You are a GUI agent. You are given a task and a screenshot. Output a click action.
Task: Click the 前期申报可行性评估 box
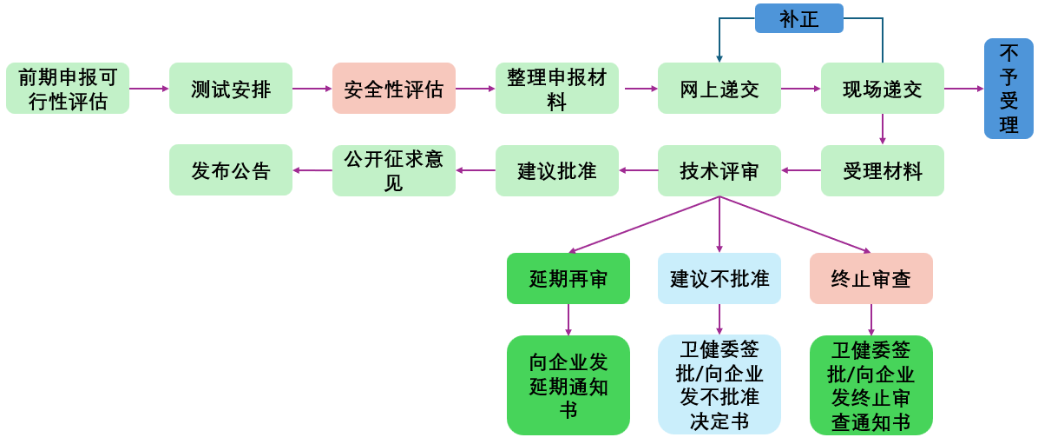click(x=68, y=89)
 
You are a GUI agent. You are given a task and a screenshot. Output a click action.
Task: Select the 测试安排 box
click(x=231, y=89)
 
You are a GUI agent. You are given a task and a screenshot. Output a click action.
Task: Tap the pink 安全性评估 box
click(x=394, y=89)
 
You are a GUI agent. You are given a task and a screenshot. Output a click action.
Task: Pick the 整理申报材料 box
click(x=557, y=89)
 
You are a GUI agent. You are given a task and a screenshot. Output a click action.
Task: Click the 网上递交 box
click(x=719, y=89)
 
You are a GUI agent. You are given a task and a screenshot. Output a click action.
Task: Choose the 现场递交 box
click(x=883, y=89)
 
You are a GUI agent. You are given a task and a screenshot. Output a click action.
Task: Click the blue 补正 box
click(x=799, y=18)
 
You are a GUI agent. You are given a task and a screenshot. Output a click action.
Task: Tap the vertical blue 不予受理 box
click(x=1008, y=89)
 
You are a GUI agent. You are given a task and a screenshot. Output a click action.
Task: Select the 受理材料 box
click(x=883, y=170)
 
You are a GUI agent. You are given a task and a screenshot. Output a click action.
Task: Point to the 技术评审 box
click(x=719, y=170)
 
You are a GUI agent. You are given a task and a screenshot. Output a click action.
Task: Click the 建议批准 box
click(x=557, y=170)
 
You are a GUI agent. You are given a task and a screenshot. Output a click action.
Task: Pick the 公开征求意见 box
click(x=394, y=170)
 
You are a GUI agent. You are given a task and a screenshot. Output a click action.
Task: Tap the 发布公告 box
click(x=231, y=170)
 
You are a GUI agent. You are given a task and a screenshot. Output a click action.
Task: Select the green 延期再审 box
click(x=568, y=279)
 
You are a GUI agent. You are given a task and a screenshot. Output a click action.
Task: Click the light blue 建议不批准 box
click(x=719, y=279)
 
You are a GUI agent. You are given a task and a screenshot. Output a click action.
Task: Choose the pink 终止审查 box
click(x=871, y=279)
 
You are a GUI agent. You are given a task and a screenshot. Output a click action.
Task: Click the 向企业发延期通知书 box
click(x=568, y=385)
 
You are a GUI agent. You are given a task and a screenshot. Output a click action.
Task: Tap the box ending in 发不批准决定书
click(x=719, y=385)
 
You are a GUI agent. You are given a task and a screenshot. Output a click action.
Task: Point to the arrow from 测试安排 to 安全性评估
click(x=312, y=89)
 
